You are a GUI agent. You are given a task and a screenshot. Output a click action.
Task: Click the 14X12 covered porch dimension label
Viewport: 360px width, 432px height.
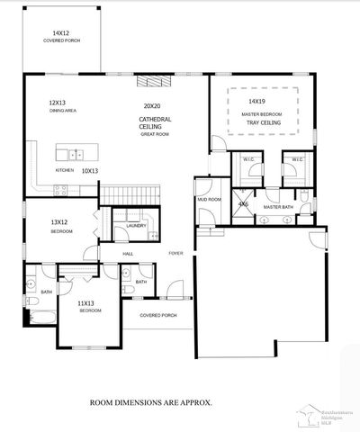[61, 32]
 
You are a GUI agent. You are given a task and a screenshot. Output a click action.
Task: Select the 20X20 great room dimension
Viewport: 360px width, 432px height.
[151, 105]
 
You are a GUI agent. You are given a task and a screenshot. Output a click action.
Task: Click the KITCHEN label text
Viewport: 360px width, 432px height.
[65, 169]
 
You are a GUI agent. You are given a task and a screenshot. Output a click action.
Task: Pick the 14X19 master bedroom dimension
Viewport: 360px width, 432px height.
[257, 102]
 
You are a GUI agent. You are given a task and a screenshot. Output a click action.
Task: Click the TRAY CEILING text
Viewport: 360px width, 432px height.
[262, 122]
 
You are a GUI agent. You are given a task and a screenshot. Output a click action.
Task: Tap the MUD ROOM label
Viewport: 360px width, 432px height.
[209, 198]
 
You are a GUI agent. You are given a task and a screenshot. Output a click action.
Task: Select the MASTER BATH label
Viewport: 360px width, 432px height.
[278, 208]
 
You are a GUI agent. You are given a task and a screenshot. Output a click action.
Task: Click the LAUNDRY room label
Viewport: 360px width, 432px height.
[136, 225]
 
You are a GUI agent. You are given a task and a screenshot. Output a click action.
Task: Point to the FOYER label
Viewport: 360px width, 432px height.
[175, 253]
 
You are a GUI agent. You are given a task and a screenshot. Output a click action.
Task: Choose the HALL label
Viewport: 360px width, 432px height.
[129, 254]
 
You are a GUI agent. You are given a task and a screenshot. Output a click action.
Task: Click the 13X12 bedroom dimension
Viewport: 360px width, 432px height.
[61, 222]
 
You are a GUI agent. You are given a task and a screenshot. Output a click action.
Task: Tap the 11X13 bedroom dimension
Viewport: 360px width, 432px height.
[87, 303]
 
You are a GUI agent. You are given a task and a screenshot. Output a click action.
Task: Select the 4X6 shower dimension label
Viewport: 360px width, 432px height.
[243, 204]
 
